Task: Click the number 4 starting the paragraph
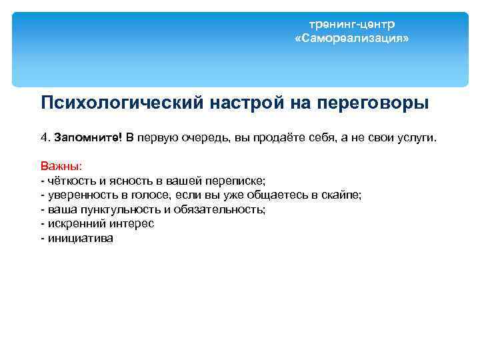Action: (44, 137)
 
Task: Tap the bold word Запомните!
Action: (88, 137)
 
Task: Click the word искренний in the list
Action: (71, 224)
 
